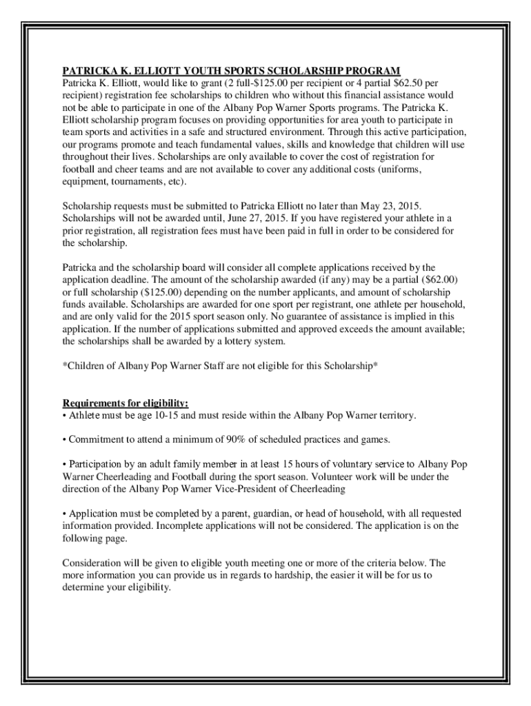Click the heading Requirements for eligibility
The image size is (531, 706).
126,403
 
